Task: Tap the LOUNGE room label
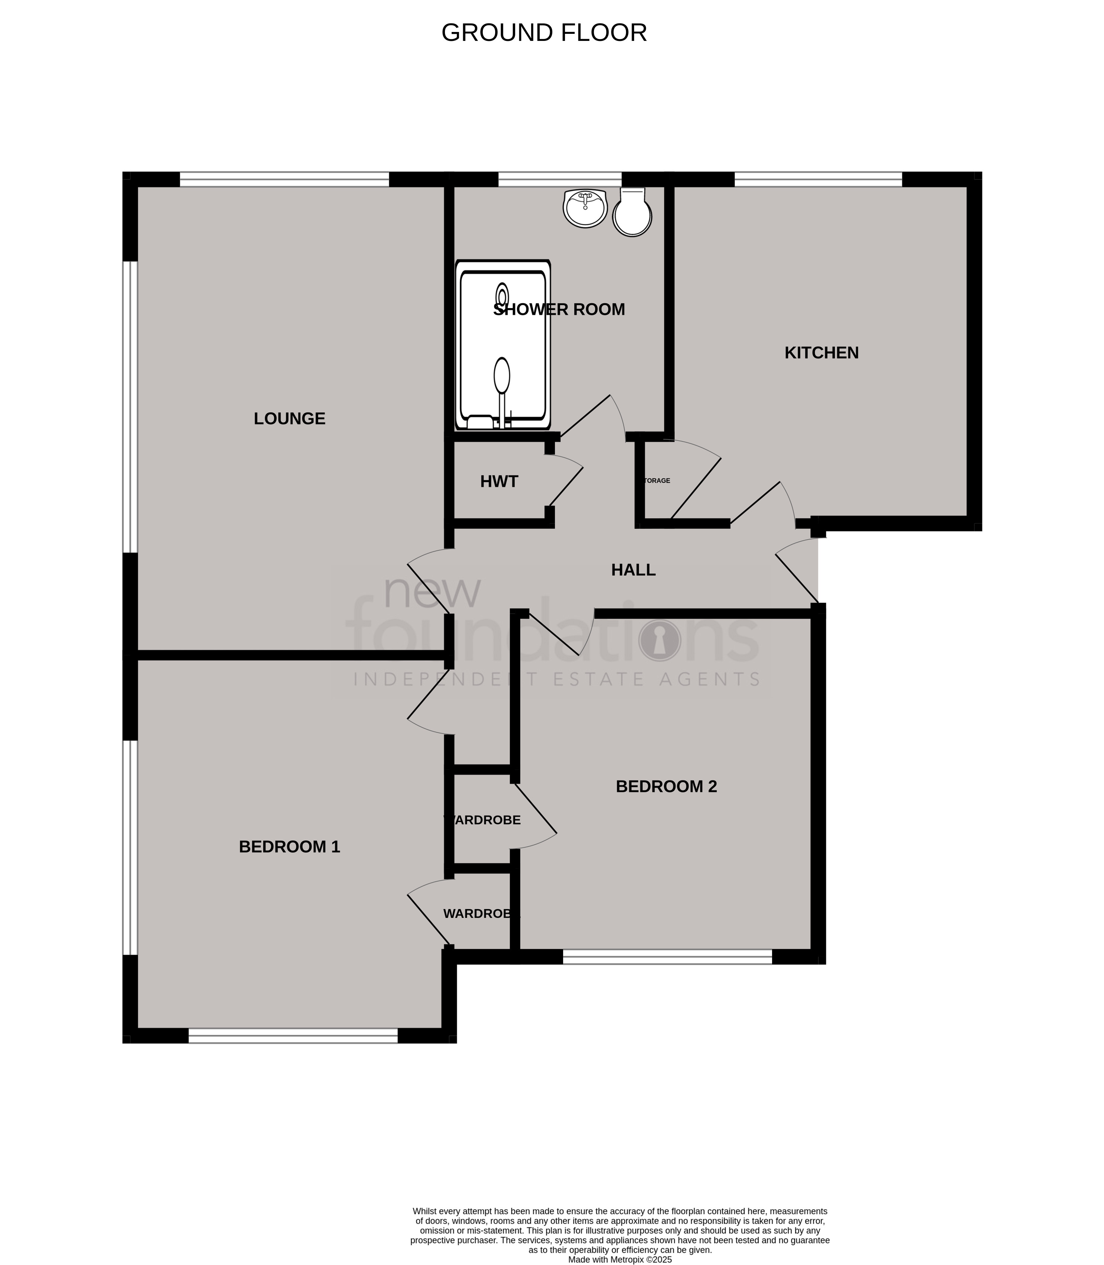pos(290,419)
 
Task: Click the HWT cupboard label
pos(499,482)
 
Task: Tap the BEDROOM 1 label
pos(290,847)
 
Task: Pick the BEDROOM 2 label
pos(666,786)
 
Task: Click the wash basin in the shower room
pos(585,208)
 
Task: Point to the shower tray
pos(503,345)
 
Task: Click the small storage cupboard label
pos(657,481)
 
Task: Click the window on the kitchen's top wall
pos(818,179)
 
